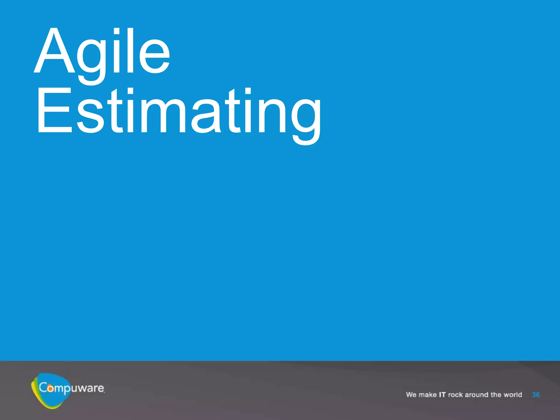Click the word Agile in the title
pos(102,52)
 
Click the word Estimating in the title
pos(179,112)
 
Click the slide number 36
pos(536,395)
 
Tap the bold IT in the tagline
pos(442,395)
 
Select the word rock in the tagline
pos(456,395)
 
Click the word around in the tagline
pos(476,395)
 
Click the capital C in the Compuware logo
pos(43,387)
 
